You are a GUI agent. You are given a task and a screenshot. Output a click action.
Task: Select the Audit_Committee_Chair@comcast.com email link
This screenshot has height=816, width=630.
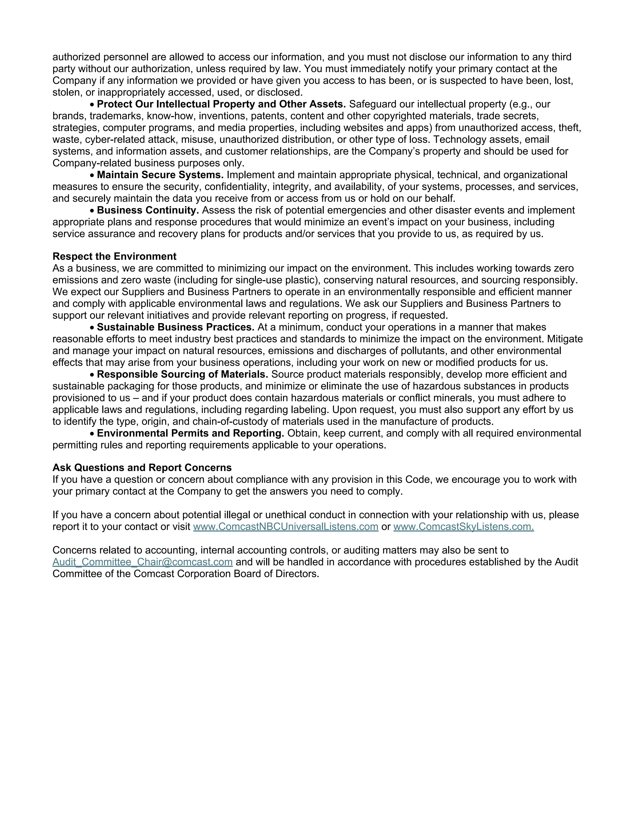143,562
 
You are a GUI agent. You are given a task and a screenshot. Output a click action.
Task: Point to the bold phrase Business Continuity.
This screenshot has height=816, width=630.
148,210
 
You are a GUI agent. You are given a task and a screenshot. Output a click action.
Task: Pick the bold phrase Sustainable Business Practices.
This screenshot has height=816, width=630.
175,327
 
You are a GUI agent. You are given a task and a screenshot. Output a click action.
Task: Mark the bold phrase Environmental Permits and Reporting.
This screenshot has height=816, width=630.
190,433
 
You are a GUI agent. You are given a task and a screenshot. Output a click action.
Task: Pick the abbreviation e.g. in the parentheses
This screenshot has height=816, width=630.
518,104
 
